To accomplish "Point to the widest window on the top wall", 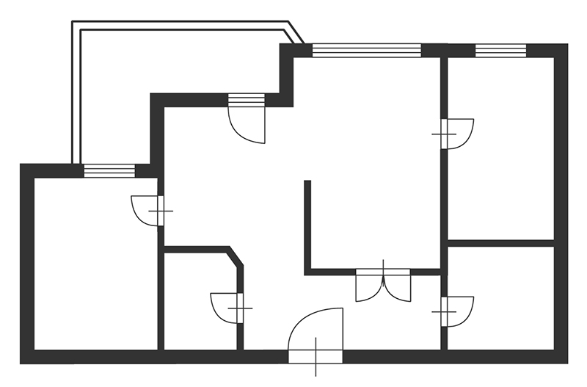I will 367,51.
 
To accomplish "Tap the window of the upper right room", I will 500,51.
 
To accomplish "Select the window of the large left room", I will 109,171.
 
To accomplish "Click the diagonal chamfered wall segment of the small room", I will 236,257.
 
